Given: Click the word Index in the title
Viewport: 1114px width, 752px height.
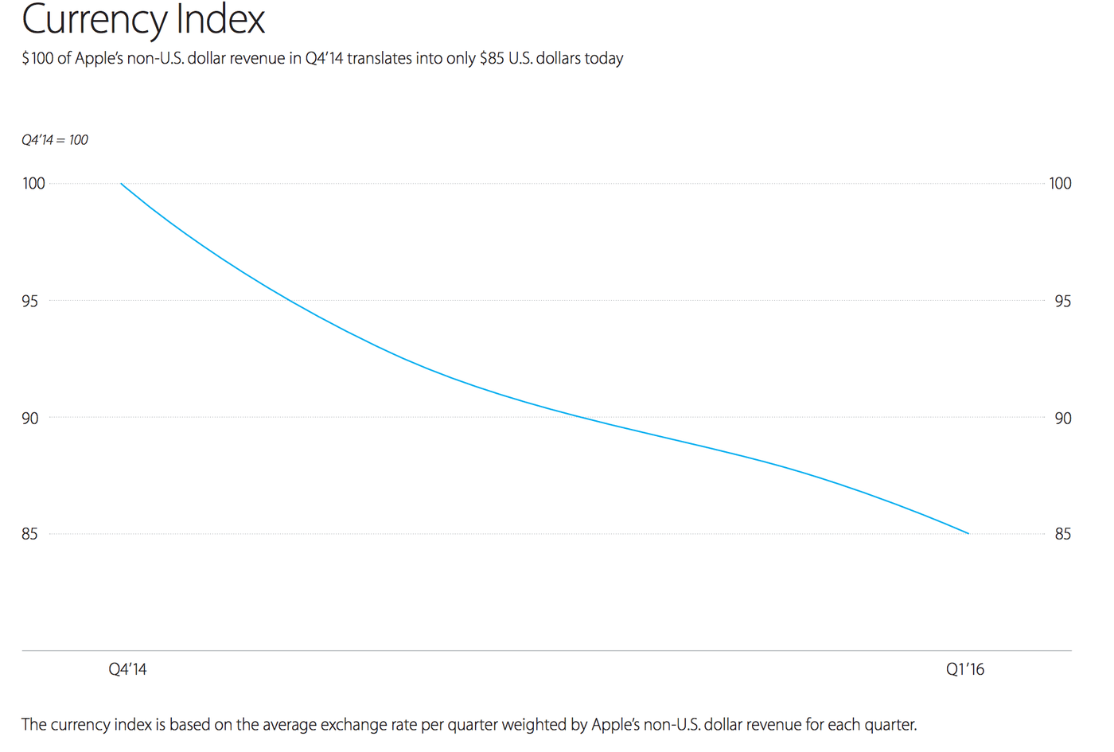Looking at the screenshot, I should coord(220,19).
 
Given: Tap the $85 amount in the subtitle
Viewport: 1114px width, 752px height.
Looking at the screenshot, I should coord(491,59).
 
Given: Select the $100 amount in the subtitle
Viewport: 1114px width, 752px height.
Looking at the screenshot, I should coord(37,59).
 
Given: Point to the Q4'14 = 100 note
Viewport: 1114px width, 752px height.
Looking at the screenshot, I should coord(55,140).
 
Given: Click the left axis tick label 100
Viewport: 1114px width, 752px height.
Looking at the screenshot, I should coord(33,184).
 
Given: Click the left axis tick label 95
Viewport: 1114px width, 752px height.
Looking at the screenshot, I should coord(29,302).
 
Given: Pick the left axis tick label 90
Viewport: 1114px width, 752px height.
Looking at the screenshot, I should coord(29,419).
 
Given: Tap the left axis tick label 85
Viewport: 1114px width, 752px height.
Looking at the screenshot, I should coord(29,535).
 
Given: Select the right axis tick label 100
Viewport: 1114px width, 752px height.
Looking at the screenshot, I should coord(1060,184).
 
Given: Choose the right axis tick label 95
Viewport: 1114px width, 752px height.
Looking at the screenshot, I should coord(1062,302).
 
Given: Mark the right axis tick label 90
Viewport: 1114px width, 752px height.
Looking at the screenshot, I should coord(1062,419).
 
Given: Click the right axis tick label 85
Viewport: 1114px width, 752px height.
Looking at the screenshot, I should coord(1062,535).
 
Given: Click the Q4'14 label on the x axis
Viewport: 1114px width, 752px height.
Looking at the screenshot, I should coord(127,670).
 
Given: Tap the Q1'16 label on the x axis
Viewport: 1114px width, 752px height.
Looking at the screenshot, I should coord(964,670).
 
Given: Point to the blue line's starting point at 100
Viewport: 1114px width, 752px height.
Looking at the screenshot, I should coord(121,184).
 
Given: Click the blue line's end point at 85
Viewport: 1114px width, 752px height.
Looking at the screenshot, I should coord(968,533).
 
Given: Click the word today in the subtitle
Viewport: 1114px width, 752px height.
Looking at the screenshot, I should coord(604,59).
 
